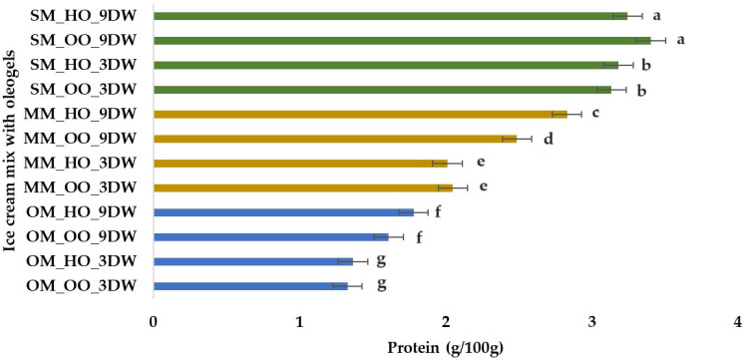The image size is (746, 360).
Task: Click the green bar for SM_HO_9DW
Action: [x=389, y=16]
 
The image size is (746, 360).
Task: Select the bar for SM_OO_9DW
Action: [x=399, y=41]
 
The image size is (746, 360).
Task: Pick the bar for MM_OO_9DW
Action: [x=334, y=138]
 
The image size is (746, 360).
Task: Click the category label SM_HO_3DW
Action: [x=86, y=65]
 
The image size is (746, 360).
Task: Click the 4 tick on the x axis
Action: [x=737, y=321]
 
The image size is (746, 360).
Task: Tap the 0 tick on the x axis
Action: [x=153, y=321]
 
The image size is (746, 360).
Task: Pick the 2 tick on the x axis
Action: [x=445, y=321]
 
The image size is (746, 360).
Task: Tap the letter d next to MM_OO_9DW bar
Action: [x=548, y=138]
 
